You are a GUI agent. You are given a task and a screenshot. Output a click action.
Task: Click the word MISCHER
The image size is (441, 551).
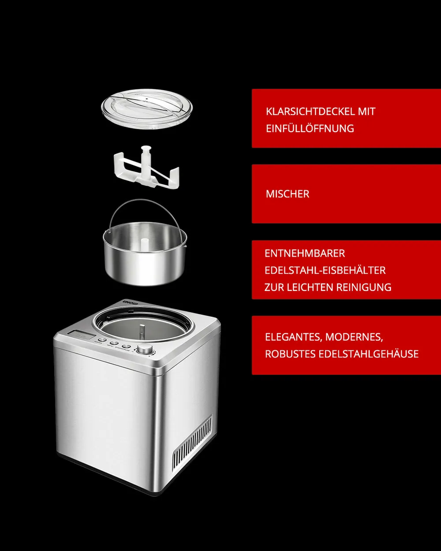click(288, 194)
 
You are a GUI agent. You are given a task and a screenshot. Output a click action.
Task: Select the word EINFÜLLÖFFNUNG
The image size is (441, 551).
click(310, 128)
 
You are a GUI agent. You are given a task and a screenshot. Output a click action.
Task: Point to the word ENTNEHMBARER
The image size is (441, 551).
click(305, 253)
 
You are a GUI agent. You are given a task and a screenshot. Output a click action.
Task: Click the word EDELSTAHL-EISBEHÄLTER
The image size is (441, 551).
click(325, 270)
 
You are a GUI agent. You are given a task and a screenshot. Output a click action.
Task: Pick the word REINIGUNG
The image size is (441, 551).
click(364, 287)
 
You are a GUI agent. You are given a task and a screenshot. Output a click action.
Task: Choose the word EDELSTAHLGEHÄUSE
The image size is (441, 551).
click(369, 354)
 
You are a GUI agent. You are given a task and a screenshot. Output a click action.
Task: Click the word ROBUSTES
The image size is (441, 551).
click(290, 354)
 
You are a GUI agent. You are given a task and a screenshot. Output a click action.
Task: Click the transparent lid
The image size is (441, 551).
click(146, 109)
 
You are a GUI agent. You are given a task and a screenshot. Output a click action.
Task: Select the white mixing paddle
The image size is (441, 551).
click(146, 168)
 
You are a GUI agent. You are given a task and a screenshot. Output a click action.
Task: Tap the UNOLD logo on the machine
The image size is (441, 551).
click(131, 302)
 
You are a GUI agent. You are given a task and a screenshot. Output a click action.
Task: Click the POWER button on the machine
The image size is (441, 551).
click(102, 340)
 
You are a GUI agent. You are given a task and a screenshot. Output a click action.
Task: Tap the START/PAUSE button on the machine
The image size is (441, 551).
click(126, 346)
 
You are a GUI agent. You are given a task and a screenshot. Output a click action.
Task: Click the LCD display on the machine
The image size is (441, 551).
click(81, 335)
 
